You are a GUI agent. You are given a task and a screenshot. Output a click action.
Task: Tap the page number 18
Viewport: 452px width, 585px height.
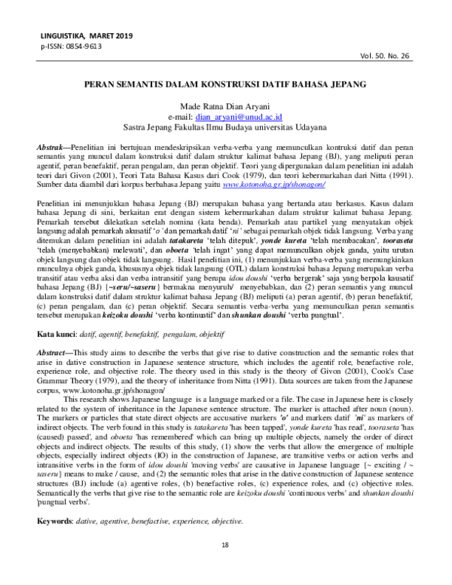[224, 565]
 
